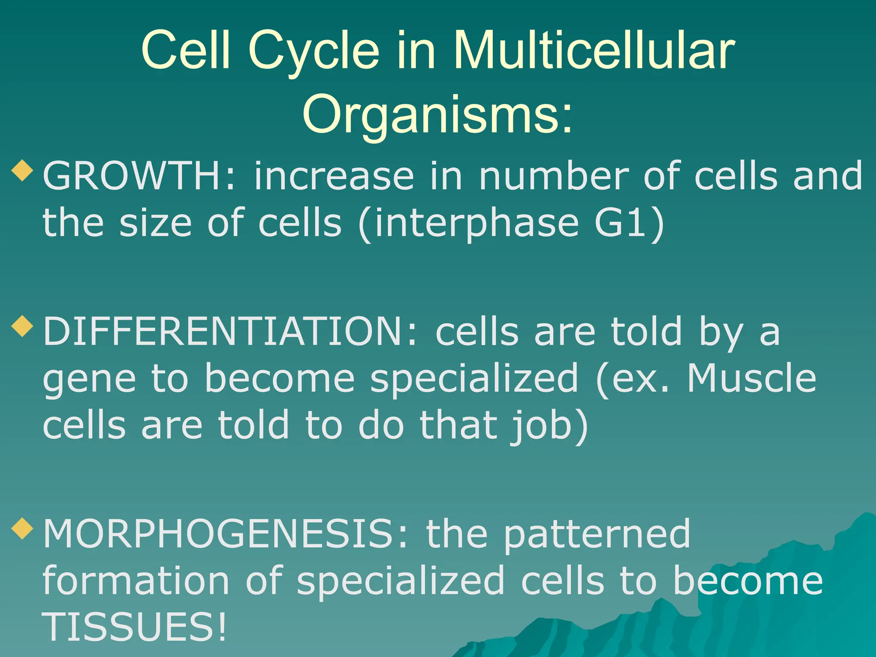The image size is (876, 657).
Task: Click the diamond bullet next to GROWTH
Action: coord(22,170)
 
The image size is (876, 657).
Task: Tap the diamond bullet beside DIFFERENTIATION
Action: coord(22,326)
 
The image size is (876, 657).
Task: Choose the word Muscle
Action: coord(751,378)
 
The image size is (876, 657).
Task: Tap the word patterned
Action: coord(596,535)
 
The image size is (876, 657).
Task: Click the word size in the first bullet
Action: coord(155,223)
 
